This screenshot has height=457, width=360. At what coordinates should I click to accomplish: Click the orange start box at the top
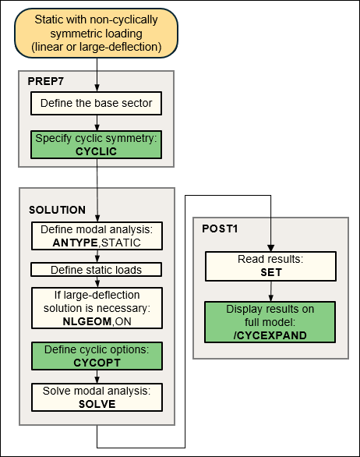96,34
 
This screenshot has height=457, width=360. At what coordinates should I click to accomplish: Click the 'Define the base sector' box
96,103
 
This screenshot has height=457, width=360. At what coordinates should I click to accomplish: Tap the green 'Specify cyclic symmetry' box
96,145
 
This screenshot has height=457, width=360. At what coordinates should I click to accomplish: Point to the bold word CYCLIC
96,151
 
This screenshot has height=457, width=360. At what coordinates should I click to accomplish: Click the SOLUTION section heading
57,210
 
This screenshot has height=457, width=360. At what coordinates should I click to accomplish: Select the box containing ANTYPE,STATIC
96,237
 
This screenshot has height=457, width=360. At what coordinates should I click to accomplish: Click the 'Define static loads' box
96,270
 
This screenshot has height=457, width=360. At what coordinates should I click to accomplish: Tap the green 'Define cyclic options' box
96,356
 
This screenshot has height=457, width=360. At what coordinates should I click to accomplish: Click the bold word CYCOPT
96,362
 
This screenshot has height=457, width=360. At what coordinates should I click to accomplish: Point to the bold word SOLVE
96,404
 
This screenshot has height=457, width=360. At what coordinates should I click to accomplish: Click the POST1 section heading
221,232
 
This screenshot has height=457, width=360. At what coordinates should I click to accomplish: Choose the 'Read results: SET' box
270,267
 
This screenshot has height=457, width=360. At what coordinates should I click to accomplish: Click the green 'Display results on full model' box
270,321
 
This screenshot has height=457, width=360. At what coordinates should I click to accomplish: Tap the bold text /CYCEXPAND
270,334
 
